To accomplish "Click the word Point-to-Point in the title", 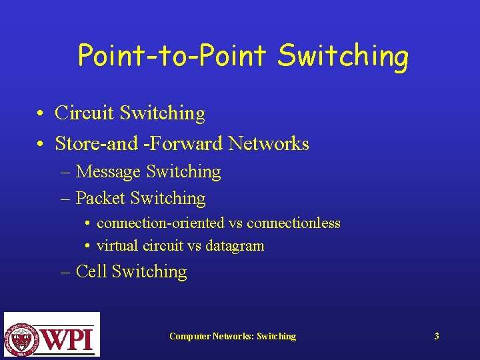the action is point(173,55).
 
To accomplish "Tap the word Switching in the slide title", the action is point(343,57).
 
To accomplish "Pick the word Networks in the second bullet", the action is point(269,143).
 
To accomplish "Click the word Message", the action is point(108,172).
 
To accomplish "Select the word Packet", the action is point(101,198).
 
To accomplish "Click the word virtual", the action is point(117,245).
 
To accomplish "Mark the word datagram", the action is point(235,246).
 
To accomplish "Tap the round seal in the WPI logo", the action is point(22,335).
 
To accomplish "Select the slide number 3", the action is point(437,336).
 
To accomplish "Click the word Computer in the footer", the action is point(189,336).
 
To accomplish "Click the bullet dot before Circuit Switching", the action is point(41,114).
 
